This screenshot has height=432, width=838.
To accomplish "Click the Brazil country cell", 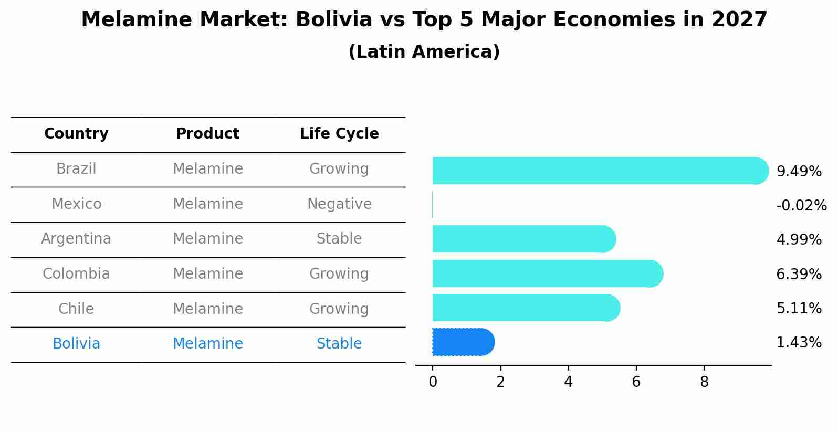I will [x=76, y=169].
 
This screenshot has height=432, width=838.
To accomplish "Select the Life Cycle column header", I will [x=339, y=134].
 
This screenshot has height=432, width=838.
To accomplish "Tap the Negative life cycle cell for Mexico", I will [x=339, y=204].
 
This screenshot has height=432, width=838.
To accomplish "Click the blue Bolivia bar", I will [x=462, y=342].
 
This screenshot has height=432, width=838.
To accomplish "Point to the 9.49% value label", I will [x=799, y=172].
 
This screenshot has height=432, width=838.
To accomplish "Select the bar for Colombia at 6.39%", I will [x=546, y=273].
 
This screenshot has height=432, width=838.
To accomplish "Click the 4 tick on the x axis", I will [x=568, y=382].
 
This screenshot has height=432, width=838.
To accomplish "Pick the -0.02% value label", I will [x=801, y=206].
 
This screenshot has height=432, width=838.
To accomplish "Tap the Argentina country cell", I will [x=76, y=239].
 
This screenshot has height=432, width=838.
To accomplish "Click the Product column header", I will [x=207, y=134].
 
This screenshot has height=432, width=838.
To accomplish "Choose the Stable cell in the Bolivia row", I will [x=339, y=344].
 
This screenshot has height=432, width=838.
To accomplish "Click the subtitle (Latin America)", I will [x=424, y=52].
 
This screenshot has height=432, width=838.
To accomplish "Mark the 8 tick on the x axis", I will [x=704, y=382].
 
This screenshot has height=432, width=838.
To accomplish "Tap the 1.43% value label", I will [x=799, y=343].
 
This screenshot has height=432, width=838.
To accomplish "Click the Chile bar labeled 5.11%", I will [x=525, y=308].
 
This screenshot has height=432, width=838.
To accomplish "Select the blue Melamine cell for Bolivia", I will [x=207, y=344].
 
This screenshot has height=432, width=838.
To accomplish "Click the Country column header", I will [x=76, y=134].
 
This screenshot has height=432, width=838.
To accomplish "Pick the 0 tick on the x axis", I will [x=433, y=382].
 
